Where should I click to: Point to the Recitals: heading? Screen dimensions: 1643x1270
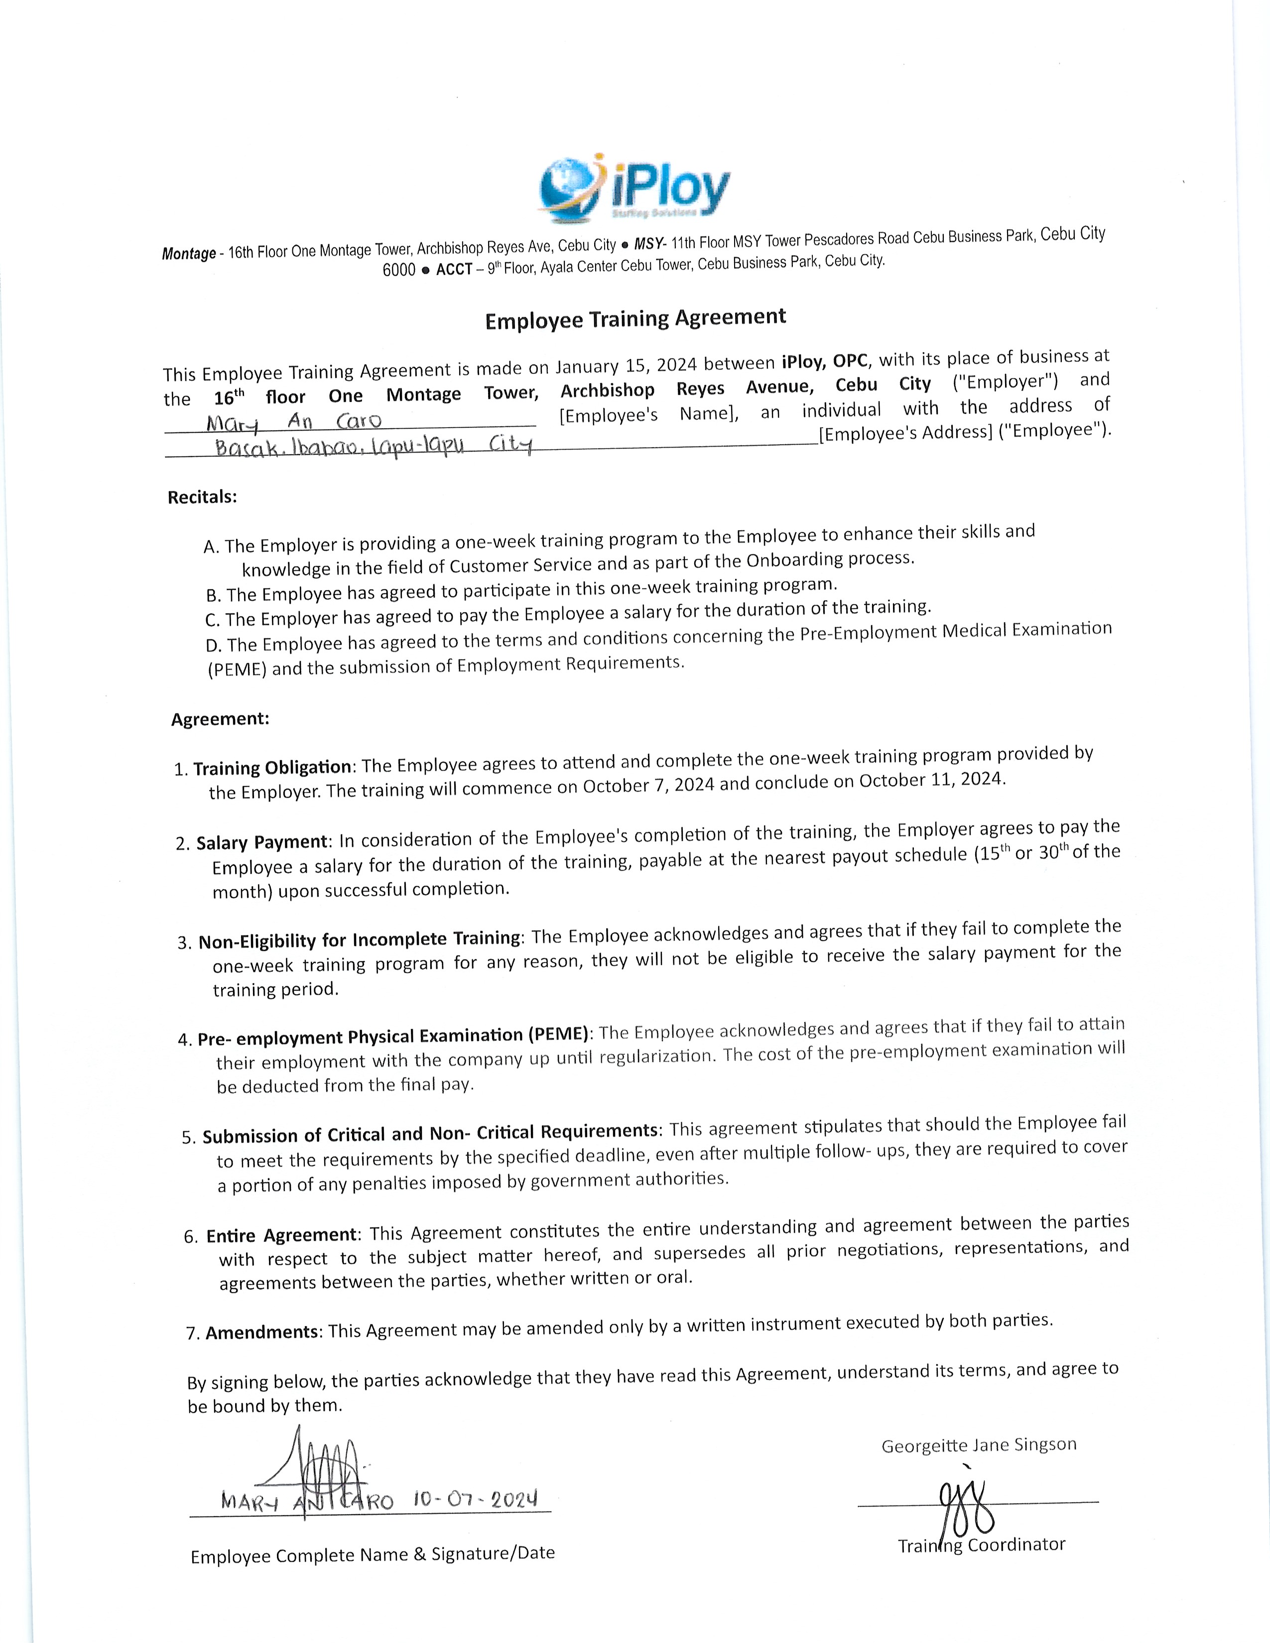(x=202, y=497)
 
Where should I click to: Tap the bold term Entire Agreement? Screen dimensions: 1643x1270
(x=281, y=1235)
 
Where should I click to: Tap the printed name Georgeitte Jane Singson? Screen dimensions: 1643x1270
(x=979, y=1445)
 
